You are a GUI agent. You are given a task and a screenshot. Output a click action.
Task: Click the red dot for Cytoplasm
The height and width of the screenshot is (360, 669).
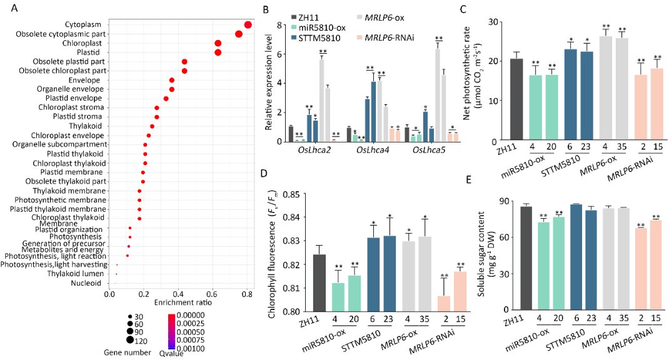coord(248,24)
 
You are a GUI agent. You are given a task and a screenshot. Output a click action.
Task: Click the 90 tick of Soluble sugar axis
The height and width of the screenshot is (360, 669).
coord(504,202)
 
